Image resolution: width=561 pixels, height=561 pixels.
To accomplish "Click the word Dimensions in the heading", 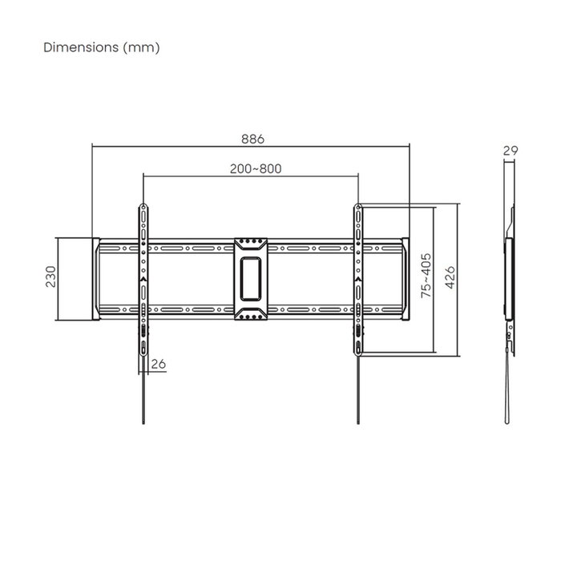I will (x=79, y=47).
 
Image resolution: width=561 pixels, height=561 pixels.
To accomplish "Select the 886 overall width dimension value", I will (x=252, y=138).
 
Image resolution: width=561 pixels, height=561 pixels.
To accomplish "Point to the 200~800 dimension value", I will (x=256, y=168).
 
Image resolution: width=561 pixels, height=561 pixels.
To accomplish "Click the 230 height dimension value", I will (x=50, y=278).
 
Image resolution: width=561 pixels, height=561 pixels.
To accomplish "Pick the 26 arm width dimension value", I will (x=158, y=365).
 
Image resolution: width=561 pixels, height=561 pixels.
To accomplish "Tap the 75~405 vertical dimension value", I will (x=427, y=278).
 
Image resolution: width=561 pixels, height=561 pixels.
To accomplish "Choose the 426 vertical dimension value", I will (x=450, y=278).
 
